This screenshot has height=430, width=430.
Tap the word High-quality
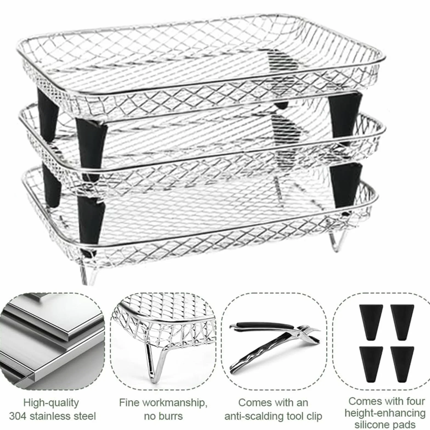pyautogui.click(x=51, y=403)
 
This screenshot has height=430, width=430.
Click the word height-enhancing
pyautogui.click(x=385, y=414)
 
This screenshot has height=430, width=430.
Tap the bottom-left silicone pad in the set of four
pyautogui.click(x=371, y=364)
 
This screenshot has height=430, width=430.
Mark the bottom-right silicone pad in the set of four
pyautogui.click(x=402, y=364)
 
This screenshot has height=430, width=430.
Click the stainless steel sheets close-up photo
pyautogui.click(x=52, y=341)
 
